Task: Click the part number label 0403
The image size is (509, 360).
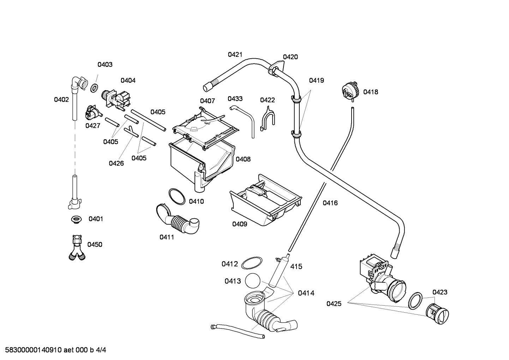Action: [x=105, y=64]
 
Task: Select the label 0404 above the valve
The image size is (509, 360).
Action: [x=128, y=81]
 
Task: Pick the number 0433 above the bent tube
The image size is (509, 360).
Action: [x=235, y=99]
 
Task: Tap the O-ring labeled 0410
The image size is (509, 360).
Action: [x=176, y=196]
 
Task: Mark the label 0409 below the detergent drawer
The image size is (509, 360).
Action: [x=239, y=224]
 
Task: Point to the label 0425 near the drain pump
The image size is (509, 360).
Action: [x=334, y=303]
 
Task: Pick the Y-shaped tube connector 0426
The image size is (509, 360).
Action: [x=131, y=131]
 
